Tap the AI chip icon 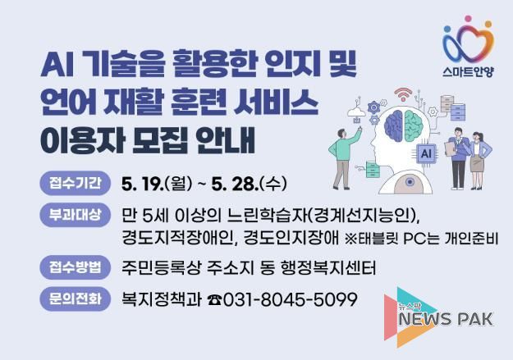coord(425,153)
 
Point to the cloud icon coord(355,111)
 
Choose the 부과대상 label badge coord(74,216)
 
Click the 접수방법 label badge coord(74,267)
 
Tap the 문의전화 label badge coord(74,299)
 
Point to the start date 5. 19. coord(142,182)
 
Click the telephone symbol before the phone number coord(214,300)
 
